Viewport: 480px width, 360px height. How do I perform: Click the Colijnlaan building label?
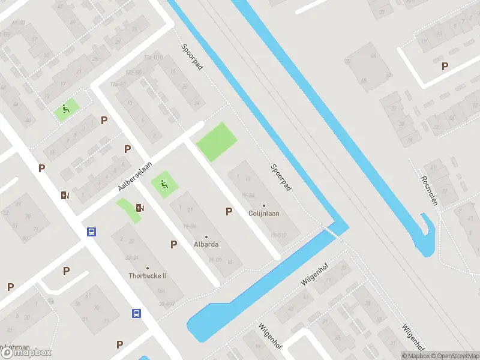click(264, 213)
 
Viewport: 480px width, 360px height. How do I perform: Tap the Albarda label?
click(206, 245)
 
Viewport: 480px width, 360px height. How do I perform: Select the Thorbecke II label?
click(148, 276)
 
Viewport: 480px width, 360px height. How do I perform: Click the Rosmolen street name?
click(429, 190)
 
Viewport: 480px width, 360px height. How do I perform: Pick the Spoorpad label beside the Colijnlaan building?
click(280, 178)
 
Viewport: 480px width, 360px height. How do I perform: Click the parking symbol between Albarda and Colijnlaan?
click(229, 211)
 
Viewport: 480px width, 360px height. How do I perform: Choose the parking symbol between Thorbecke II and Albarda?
click(174, 244)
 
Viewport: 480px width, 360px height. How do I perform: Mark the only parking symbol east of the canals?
click(445, 67)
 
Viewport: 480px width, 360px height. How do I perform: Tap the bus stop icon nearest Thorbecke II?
click(137, 313)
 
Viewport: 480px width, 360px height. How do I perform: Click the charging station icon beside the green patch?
click(140, 208)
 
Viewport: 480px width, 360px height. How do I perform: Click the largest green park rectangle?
click(217, 142)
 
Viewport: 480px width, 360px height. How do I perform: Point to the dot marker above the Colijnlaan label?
click(263, 206)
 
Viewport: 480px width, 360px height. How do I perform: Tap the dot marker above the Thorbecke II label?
click(148, 268)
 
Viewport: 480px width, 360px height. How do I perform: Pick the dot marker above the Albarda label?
click(206, 237)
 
